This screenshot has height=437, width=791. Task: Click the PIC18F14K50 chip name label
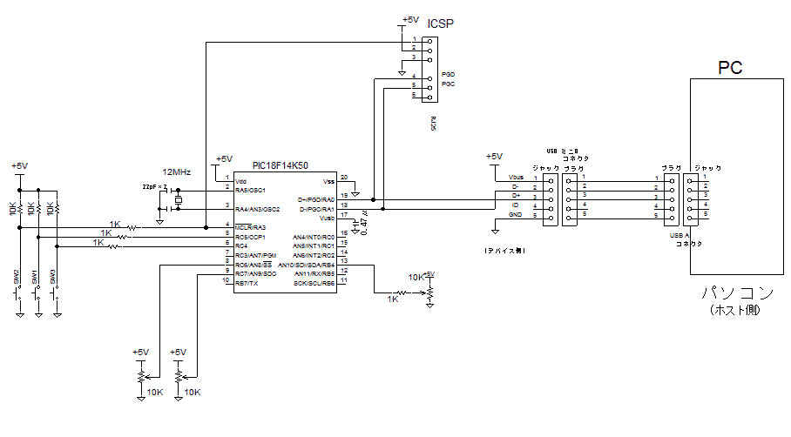(280, 165)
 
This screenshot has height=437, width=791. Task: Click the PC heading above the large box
(729, 68)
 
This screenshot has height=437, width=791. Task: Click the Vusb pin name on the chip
(327, 218)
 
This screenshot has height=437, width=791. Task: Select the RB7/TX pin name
(247, 283)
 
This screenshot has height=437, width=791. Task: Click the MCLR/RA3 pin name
(250, 227)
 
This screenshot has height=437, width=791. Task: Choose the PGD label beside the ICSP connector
(448, 75)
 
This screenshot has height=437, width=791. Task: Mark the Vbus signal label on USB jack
(514, 178)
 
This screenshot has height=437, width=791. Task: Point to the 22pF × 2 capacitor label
(154, 187)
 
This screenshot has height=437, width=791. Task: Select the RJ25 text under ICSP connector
(433, 125)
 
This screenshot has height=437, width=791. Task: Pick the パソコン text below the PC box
(729, 292)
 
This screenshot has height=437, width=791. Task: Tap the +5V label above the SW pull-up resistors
(19, 165)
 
